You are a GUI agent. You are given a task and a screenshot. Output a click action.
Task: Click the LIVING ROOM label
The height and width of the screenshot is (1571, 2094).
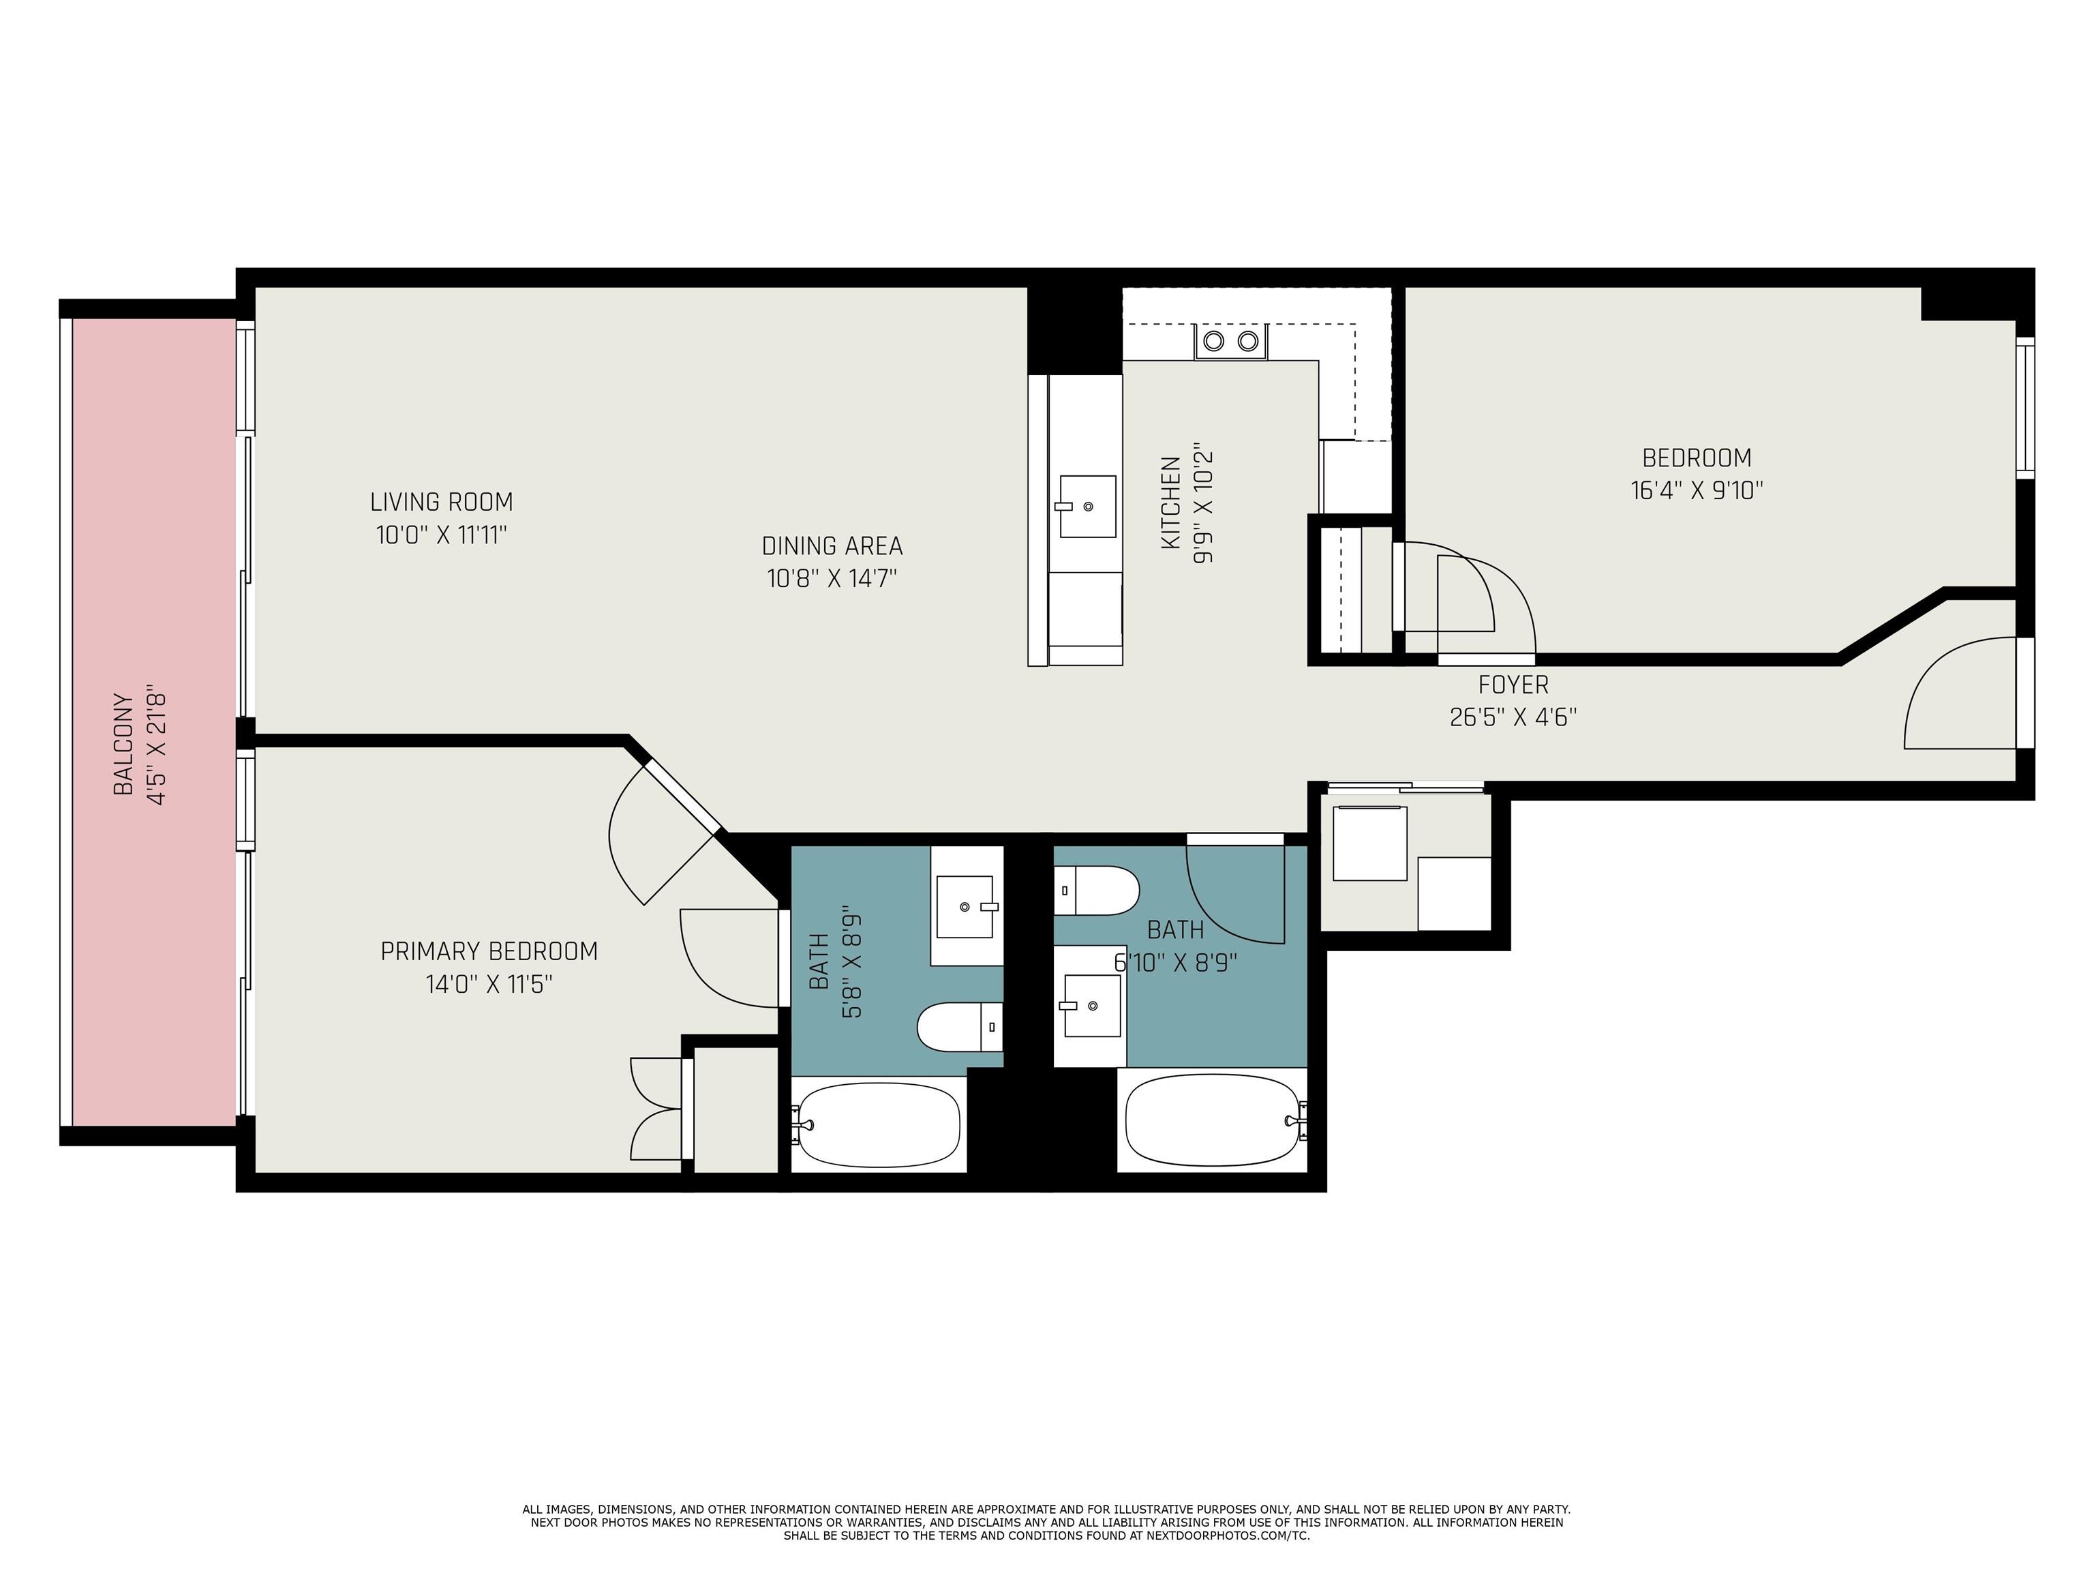coord(441,502)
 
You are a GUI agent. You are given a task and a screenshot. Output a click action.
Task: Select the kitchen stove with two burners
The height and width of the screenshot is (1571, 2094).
coord(1230,341)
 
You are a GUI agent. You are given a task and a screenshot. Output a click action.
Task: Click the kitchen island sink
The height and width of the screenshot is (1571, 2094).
coord(1086,507)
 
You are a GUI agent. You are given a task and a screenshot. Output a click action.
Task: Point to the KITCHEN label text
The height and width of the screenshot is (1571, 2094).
coord(1172,503)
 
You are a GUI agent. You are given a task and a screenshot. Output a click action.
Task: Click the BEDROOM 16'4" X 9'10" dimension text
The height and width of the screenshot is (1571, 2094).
coord(1697,490)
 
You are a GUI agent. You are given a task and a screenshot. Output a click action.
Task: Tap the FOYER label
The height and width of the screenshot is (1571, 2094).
coord(1513,685)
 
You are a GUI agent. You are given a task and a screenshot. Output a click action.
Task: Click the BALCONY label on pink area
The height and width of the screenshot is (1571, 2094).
coord(124,745)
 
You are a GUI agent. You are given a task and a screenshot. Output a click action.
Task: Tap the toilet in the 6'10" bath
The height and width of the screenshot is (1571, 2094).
coord(1096,890)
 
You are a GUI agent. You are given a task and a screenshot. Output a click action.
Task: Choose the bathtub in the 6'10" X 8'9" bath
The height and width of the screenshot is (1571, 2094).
coord(1212,1120)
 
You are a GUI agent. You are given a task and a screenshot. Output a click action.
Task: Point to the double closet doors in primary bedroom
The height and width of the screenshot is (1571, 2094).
coord(656,1109)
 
